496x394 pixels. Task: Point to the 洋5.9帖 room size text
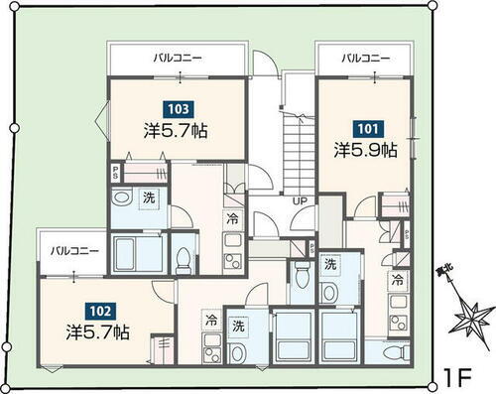tap(365, 152)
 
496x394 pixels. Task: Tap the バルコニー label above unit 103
tap(178, 59)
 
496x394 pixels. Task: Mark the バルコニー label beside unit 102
tap(75, 252)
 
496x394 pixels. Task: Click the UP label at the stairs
tap(298, 202)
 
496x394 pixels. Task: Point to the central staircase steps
tap(298, 149)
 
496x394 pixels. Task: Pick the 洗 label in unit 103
tap(148, 197)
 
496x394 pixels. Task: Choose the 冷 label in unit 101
tap(397, 281)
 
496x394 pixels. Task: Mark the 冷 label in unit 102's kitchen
tap(211, 321)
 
